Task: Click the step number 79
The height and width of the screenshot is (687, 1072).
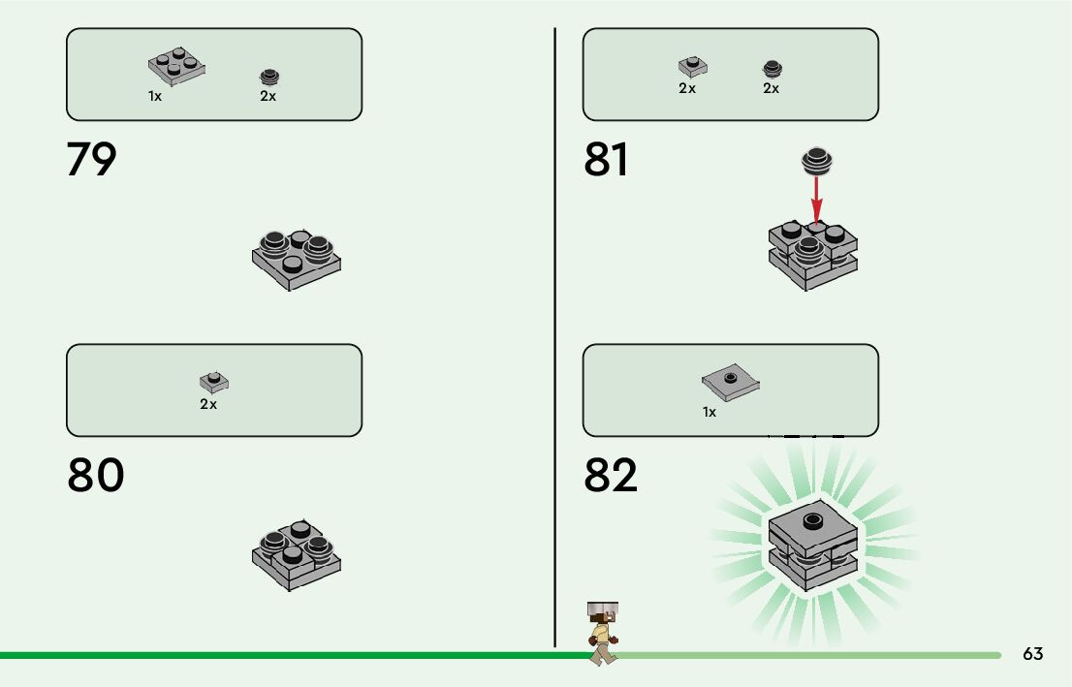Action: click(x=91, y=160)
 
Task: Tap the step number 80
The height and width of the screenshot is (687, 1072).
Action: click(x=95, y=476)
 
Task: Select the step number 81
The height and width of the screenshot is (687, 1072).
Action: click(x=607, y=160)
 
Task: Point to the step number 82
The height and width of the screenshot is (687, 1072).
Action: click(x=611, y=476)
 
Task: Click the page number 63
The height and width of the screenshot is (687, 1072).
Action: click(x=1032, y=654)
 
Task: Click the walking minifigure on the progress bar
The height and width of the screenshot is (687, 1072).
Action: click(x=602, y=633)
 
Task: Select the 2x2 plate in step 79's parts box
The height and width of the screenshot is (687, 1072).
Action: click(x=177, y=66)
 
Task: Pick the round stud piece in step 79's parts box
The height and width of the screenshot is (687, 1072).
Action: click(x=268, y=78)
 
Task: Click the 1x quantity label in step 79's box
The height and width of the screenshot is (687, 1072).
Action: click(x=155, y=96)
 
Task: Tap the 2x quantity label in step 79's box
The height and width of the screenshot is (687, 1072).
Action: click(x=268, y=96)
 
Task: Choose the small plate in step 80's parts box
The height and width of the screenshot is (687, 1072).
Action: click(x=214, y=382)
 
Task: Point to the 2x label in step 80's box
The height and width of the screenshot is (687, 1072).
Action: click(x=208, y=404)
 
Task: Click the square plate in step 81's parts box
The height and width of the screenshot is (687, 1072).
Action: click(x=692, y=66)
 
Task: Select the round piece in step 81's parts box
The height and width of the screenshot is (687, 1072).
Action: click(x=772, y=68)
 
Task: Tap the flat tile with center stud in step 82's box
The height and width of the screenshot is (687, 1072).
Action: click(x=730, y=383)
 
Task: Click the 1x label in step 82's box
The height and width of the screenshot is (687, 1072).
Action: click(x=709, y=412)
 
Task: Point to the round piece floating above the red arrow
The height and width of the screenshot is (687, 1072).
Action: click(x=817, y=161)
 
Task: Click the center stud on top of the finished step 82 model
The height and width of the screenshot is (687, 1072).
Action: click(x=812, y=520)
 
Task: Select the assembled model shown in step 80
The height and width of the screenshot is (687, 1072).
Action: click(x=297, y=552)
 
